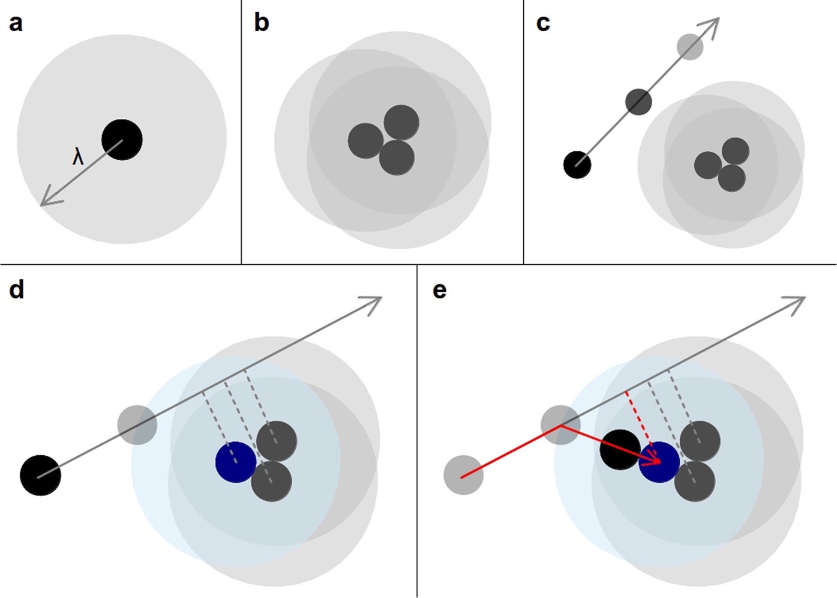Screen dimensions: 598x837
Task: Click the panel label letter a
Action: [16, 23]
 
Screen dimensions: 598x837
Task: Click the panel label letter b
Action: [262, 23]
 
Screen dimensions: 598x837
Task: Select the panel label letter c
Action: [543, 23]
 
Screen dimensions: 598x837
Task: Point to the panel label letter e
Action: [439, 290]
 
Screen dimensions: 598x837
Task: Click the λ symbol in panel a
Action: [78, 157]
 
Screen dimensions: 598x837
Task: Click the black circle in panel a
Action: [122, 140]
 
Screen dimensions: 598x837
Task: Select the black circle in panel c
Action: [577, 165]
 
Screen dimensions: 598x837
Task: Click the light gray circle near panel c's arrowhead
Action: [690, 47]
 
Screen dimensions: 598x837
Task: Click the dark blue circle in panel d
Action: [236, 462]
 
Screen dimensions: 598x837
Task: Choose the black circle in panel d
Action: [40, 475]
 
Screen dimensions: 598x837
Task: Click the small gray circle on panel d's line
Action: [137, 424]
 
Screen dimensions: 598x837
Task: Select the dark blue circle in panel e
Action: [660, 462]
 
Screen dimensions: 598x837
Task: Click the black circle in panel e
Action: [619, 449]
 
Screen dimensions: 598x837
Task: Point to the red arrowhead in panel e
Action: [654, 460]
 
